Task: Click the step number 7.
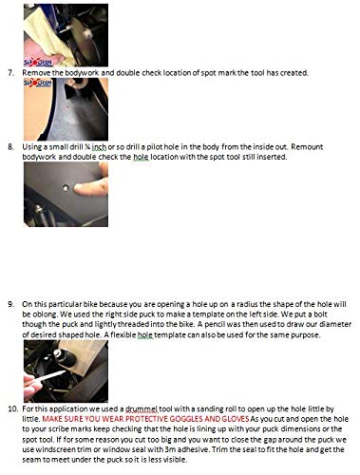[10, 73]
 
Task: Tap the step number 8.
[10, 147]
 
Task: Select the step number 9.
[10, 304]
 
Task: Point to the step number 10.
[12, 408]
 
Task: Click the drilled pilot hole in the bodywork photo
[66, 188]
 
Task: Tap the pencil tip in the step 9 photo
[64, 372]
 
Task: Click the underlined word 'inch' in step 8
[99, 147]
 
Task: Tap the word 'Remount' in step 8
[307, 147]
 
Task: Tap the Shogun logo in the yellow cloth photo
[38, 63]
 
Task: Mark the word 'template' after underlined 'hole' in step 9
[170, 335]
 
